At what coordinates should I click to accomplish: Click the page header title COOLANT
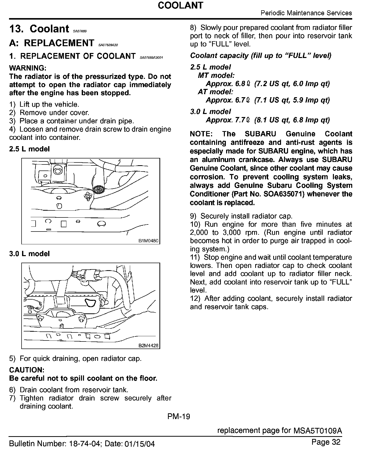point(180,5)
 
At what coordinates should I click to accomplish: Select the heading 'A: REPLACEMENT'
point(52,43)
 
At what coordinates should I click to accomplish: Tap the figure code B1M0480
point(148,241)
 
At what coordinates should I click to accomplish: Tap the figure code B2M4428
point(148,346)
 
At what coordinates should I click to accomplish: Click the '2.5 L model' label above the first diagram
point(29,149)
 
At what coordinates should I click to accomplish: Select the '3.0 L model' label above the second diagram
point(29,254)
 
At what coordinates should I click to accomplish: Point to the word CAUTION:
point(27,370)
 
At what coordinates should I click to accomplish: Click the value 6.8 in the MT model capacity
point(240,84)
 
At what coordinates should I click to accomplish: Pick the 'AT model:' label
point(216,92)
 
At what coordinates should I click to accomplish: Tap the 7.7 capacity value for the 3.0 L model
point(240,120)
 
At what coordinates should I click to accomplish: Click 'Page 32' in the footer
point(326,442)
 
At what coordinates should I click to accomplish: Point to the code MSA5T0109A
point(317,431)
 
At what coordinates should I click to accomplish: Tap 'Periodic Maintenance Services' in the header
point(306,13)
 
